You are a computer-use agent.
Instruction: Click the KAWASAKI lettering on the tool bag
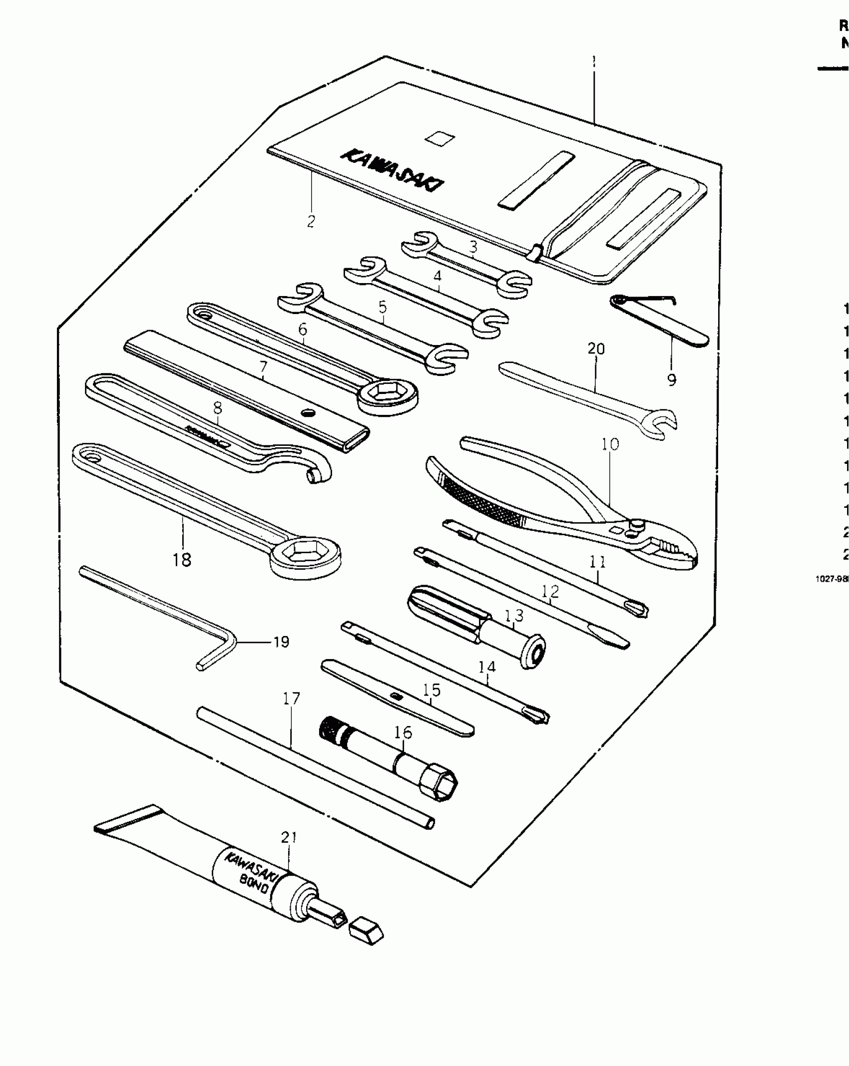pos(392,170)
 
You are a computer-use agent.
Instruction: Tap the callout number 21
pos(289,837)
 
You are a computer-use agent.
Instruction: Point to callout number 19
pos(282,642)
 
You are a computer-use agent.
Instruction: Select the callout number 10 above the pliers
pos(610,444)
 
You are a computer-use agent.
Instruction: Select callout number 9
pos(672,380)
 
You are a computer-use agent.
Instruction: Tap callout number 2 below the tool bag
pos(311,221)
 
